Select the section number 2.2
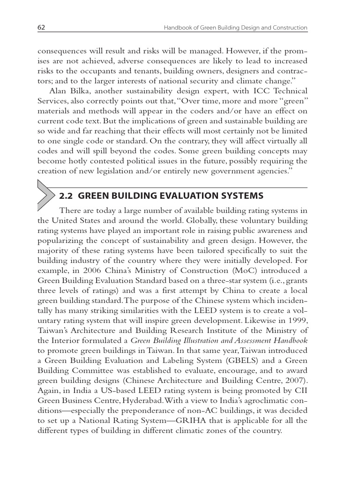67,195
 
